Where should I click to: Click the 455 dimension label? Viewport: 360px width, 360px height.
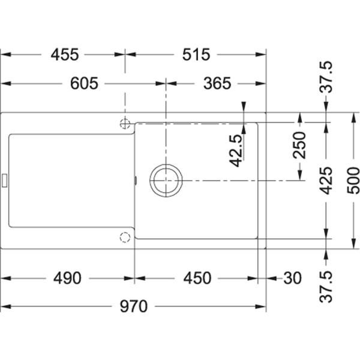[x=65, y=55]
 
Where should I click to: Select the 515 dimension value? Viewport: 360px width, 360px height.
[x=196, y=55]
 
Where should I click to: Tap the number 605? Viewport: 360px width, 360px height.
[x=84, y=83]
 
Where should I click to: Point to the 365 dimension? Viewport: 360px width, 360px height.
[x=217, y=83]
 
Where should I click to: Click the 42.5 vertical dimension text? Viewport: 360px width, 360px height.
[x=236, y=151]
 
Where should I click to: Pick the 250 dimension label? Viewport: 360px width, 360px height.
[x=299, y=145]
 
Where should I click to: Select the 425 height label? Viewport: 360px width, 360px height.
[x=326, y=181]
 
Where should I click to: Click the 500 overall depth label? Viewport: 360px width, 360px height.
[x=353, y=181]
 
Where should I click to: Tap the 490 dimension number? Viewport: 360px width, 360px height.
[x=67, y=278]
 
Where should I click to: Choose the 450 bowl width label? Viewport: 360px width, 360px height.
[x=197, y=278]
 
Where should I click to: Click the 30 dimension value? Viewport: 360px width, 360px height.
[x=292, y=278]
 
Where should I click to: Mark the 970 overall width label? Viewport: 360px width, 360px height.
[x=133, y=307]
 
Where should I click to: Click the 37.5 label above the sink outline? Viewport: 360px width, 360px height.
[x=326, y=77]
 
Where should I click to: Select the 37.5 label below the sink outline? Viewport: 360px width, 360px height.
[x=326, y=287]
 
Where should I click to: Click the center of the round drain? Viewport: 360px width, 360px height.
[x=166, y=181]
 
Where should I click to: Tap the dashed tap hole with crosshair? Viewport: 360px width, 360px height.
[x=125, y=124]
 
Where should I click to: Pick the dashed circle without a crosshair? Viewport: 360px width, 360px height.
[x=125, y=238]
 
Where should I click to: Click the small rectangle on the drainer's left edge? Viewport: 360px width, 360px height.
[x=5, y=181]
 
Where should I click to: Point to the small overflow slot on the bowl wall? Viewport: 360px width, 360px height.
[x=136, y=181]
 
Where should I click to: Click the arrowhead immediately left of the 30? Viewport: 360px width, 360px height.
[x=271, y=278]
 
